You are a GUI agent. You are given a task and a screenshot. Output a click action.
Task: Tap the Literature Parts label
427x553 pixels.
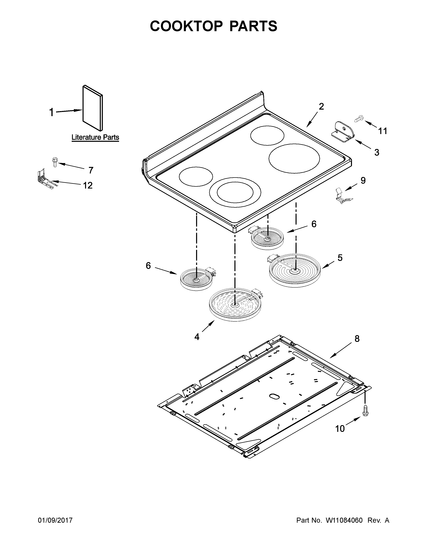tap(95, 137)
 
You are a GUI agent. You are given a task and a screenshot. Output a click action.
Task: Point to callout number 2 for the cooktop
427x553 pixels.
tap(321, 107)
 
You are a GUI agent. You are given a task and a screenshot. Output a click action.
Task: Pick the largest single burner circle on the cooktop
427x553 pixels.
tap(294, 159)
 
